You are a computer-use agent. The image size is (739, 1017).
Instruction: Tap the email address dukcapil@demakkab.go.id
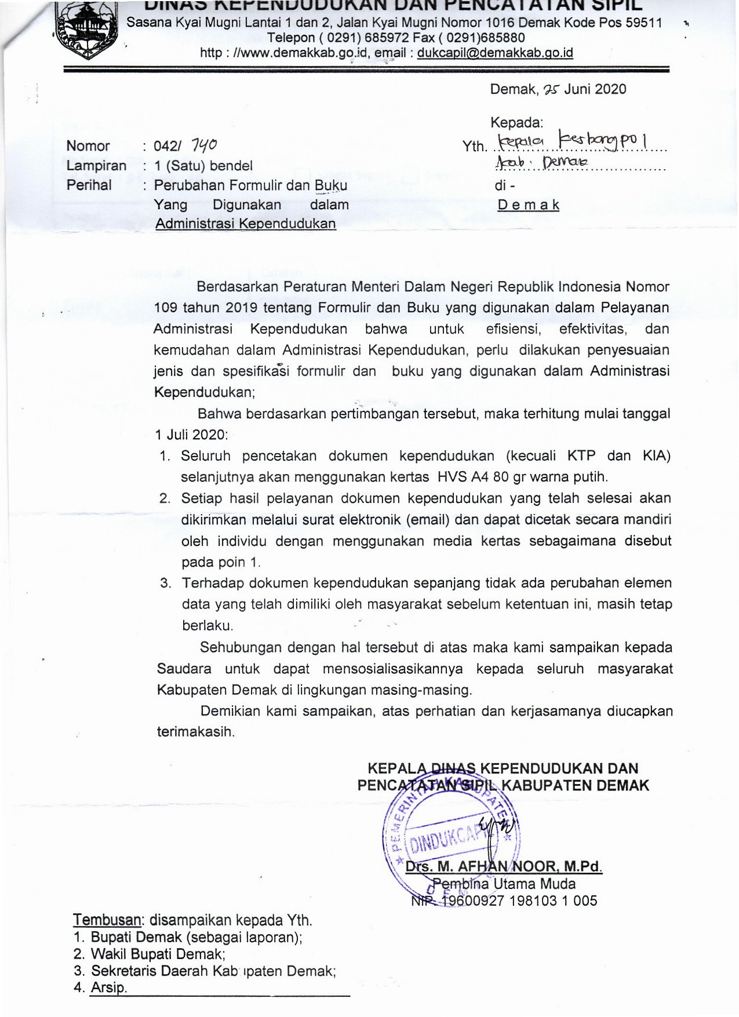pyautogui.click(x=495, y=53)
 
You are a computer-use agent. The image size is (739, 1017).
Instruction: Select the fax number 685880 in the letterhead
pyautogui.click(x=501, y=38)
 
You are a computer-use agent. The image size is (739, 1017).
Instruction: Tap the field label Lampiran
pyautogui.click(x=96, y=165)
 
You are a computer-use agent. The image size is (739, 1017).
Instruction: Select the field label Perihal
pyautogui.click(x=89, y=185)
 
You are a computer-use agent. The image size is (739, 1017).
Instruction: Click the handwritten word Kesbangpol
pyautogui.click(x=603, y=140)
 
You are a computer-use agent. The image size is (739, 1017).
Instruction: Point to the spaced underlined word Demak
pyautogui.click(x=528, y=205)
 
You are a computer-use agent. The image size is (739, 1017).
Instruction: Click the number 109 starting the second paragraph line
pyautogui.click(x=166, y=308)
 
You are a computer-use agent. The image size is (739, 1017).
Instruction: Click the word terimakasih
pyautogui.click(x=196, y=731)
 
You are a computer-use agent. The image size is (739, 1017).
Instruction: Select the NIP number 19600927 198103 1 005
pyautogui.click(x=519, y=901)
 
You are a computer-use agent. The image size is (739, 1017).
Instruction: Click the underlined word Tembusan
pyautogui.click(x=107, y=920)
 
